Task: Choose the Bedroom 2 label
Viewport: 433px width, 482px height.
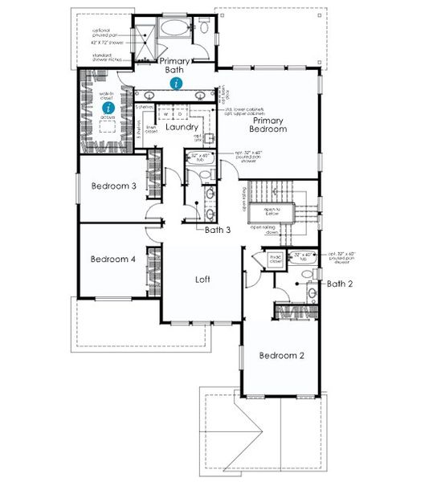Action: pos(281,354)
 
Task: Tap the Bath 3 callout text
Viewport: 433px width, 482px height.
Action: pos(218,230)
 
